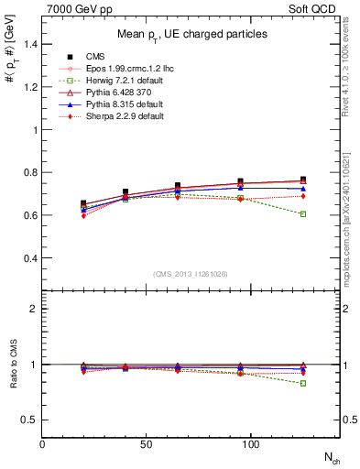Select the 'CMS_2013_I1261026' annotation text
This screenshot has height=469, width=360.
pyautogui.click(x=191, y=274)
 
